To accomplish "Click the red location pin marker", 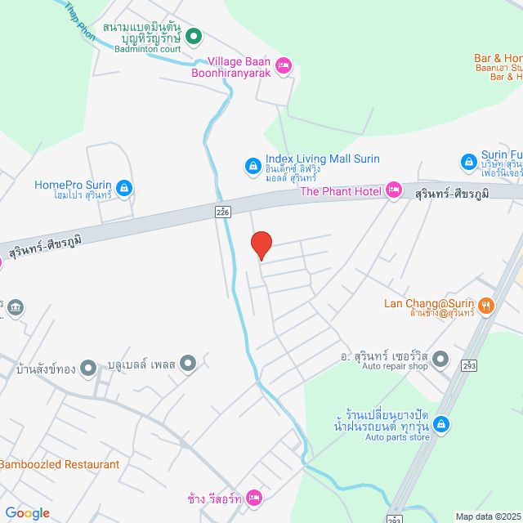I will (x=261, y=244).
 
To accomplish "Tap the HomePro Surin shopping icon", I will (x=123, y=190).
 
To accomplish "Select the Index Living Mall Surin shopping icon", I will (x=253, y=167).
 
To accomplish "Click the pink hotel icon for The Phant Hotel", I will (x=393, y=190).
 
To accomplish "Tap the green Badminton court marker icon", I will (x=194, y=35).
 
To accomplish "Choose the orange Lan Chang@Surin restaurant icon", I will (x=486, y=305).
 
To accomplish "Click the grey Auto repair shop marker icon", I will (x=440, y=359).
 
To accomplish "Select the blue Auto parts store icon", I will (x=440, y=424).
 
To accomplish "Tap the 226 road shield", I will (x=223, y=211).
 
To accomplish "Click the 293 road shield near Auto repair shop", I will (x=469, y=365).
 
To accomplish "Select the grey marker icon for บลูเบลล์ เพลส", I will (x=189, y=363).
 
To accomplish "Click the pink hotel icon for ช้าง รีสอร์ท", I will (x=254, y=497).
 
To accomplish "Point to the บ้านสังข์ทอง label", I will (x=46, y=369).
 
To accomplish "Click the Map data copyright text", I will (x=488, y=516).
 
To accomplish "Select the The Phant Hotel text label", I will (x=340, y=191).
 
